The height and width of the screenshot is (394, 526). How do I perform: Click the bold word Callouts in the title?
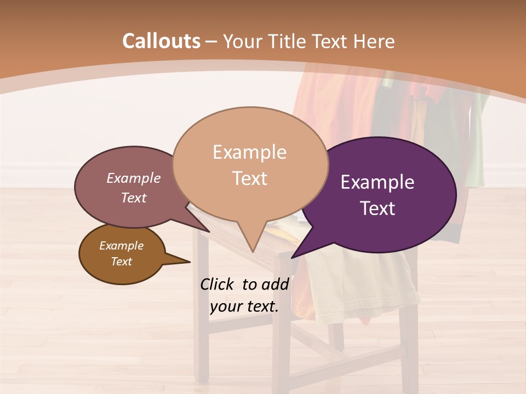click(x=161, y=41)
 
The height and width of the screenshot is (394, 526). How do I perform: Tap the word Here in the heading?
click(x=374, y=41)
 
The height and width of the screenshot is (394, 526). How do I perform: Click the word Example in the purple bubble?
click(x=378, y=182)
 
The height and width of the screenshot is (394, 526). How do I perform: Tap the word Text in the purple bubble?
click(x=378, y=208)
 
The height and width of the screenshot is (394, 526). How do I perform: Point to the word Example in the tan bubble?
click(x=249, y=152)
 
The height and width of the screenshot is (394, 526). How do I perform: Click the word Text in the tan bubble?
click(x=249, y=178)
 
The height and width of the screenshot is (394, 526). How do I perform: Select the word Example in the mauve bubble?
click(x=133, y=178)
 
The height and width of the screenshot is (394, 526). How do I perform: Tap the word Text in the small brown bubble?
click(x=121, y=262)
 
